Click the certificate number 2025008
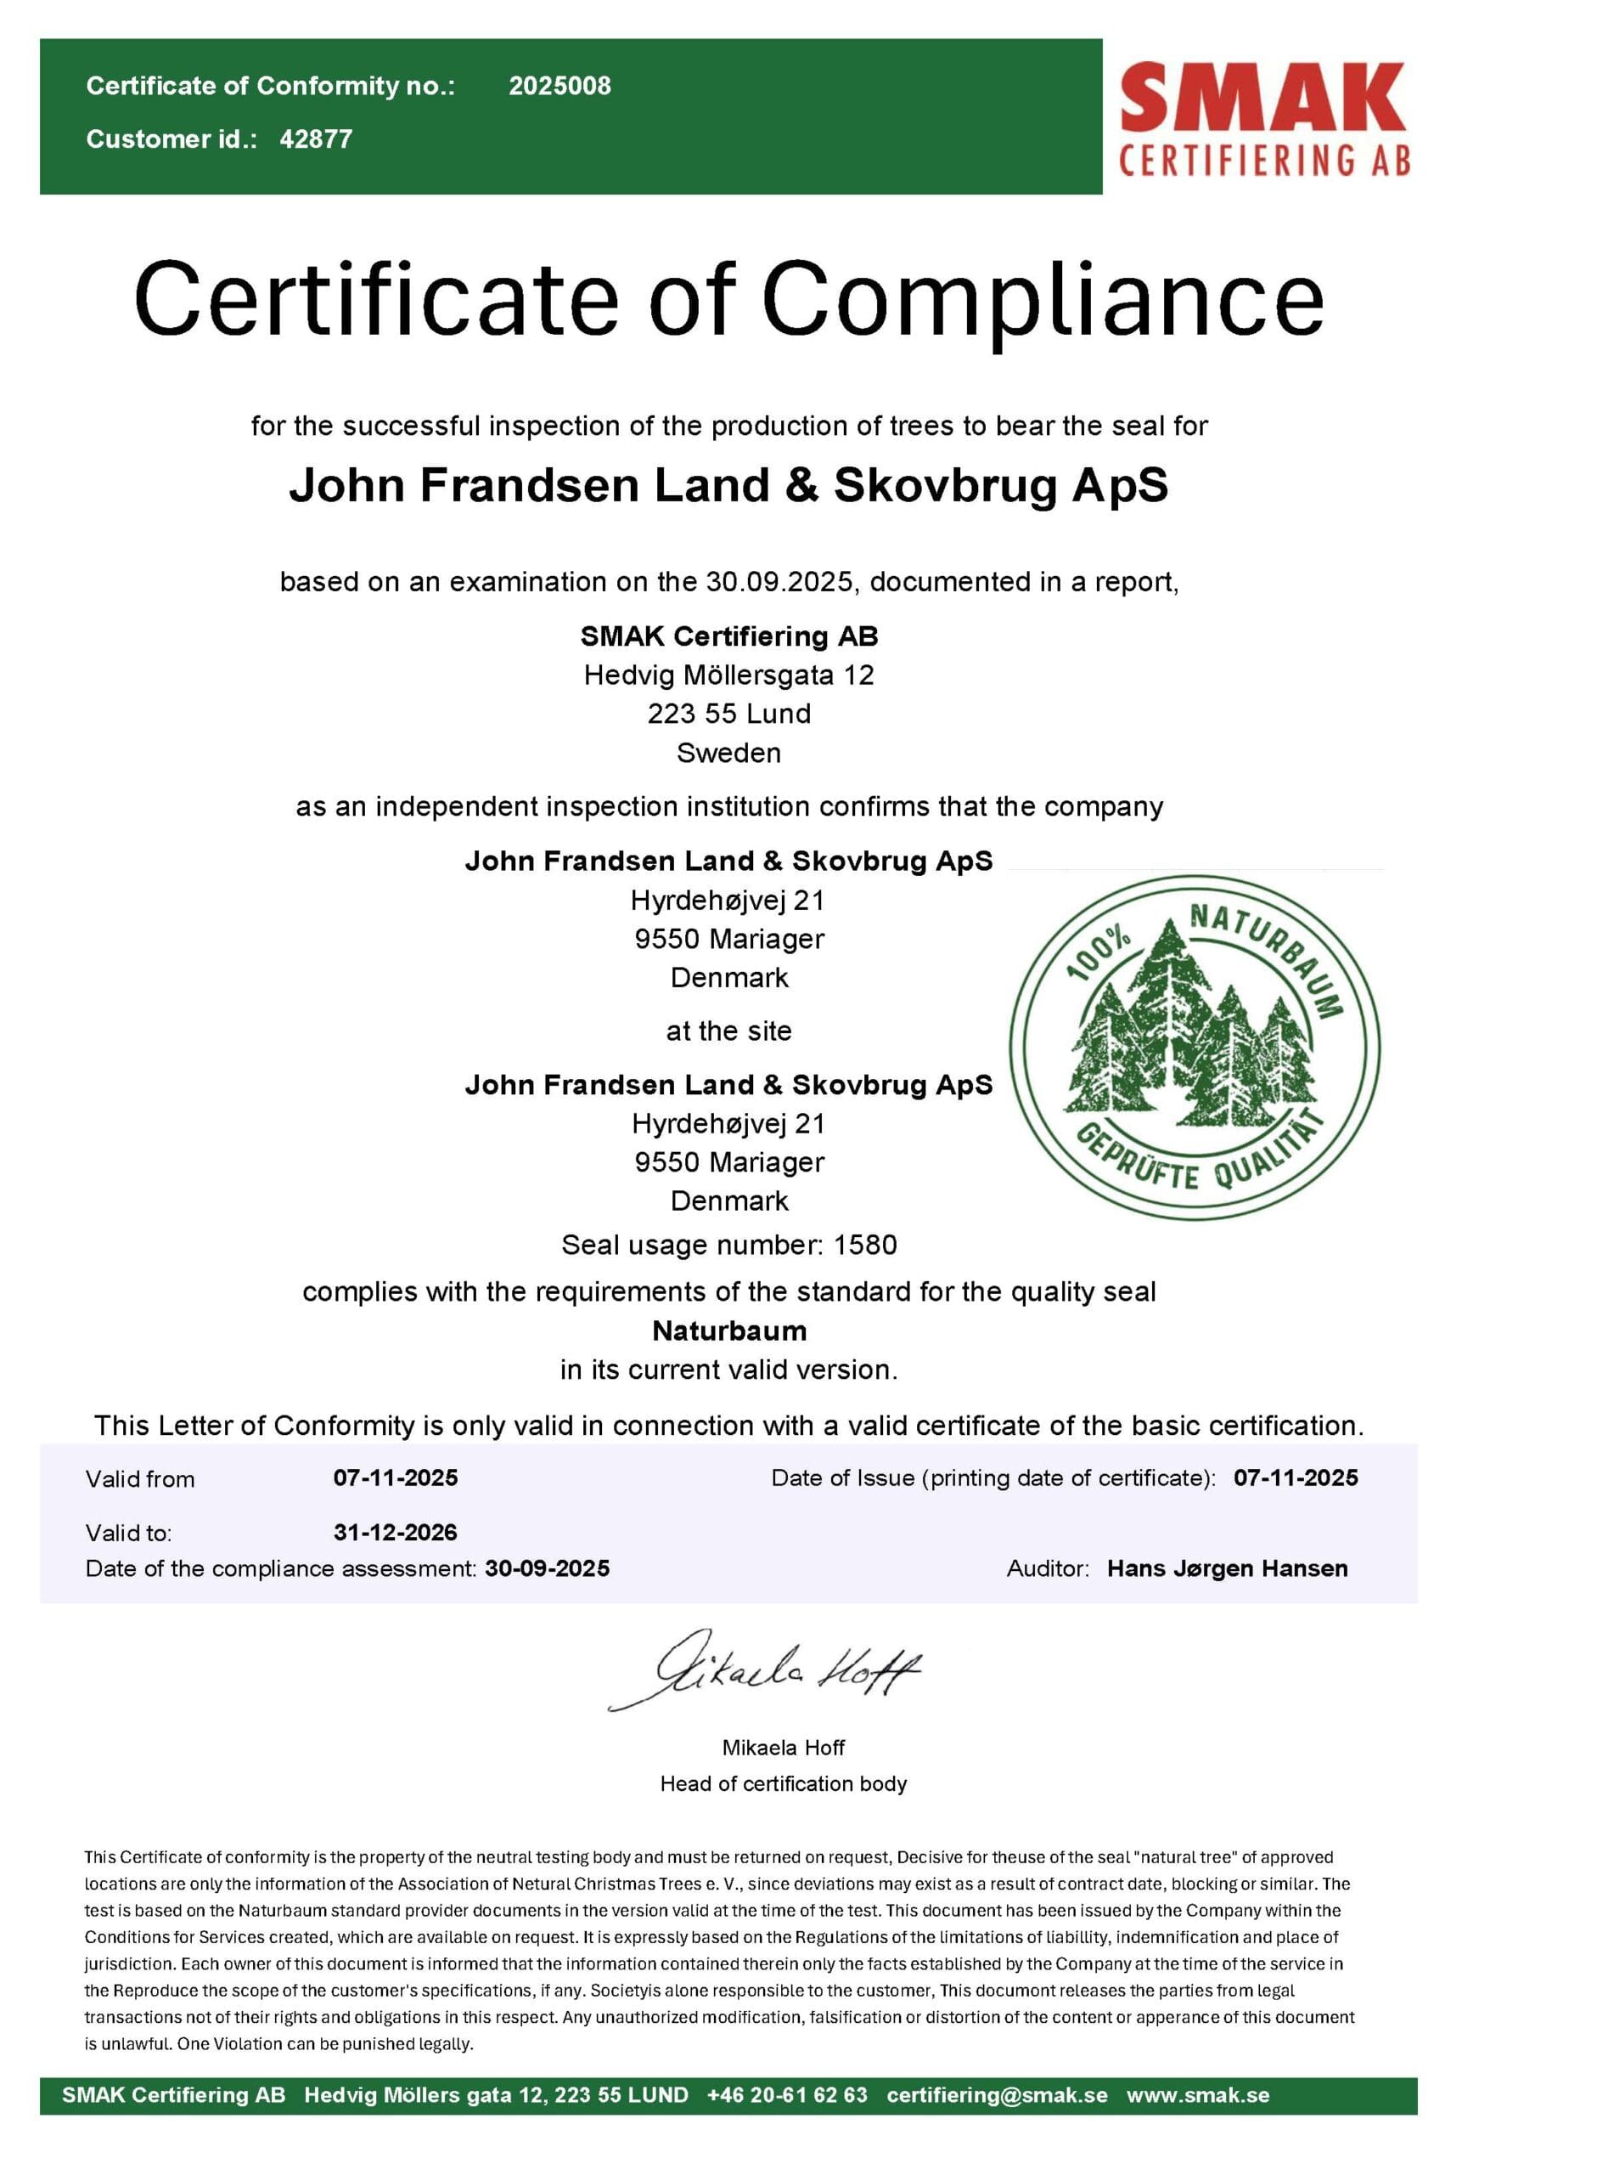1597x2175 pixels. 560,86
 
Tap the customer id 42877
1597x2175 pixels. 316,139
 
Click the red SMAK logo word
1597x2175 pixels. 1262,97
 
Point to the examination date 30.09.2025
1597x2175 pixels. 779,582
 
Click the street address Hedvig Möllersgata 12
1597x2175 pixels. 729,675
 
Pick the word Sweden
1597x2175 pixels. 729,753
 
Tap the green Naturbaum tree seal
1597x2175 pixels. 1195,1048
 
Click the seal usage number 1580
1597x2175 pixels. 865,1245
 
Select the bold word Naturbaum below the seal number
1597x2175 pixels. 729,1330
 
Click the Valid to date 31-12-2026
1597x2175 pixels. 396,1532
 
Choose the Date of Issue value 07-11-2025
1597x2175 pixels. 1296,1477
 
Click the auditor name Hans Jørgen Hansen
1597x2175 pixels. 1227,1568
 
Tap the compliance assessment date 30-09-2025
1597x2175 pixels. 547,1568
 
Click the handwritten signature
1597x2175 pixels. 764,1671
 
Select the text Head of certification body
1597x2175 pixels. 783,1783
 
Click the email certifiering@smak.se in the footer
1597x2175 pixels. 997,2095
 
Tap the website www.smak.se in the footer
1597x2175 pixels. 1198,2095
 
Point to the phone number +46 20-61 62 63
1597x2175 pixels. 787,2095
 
